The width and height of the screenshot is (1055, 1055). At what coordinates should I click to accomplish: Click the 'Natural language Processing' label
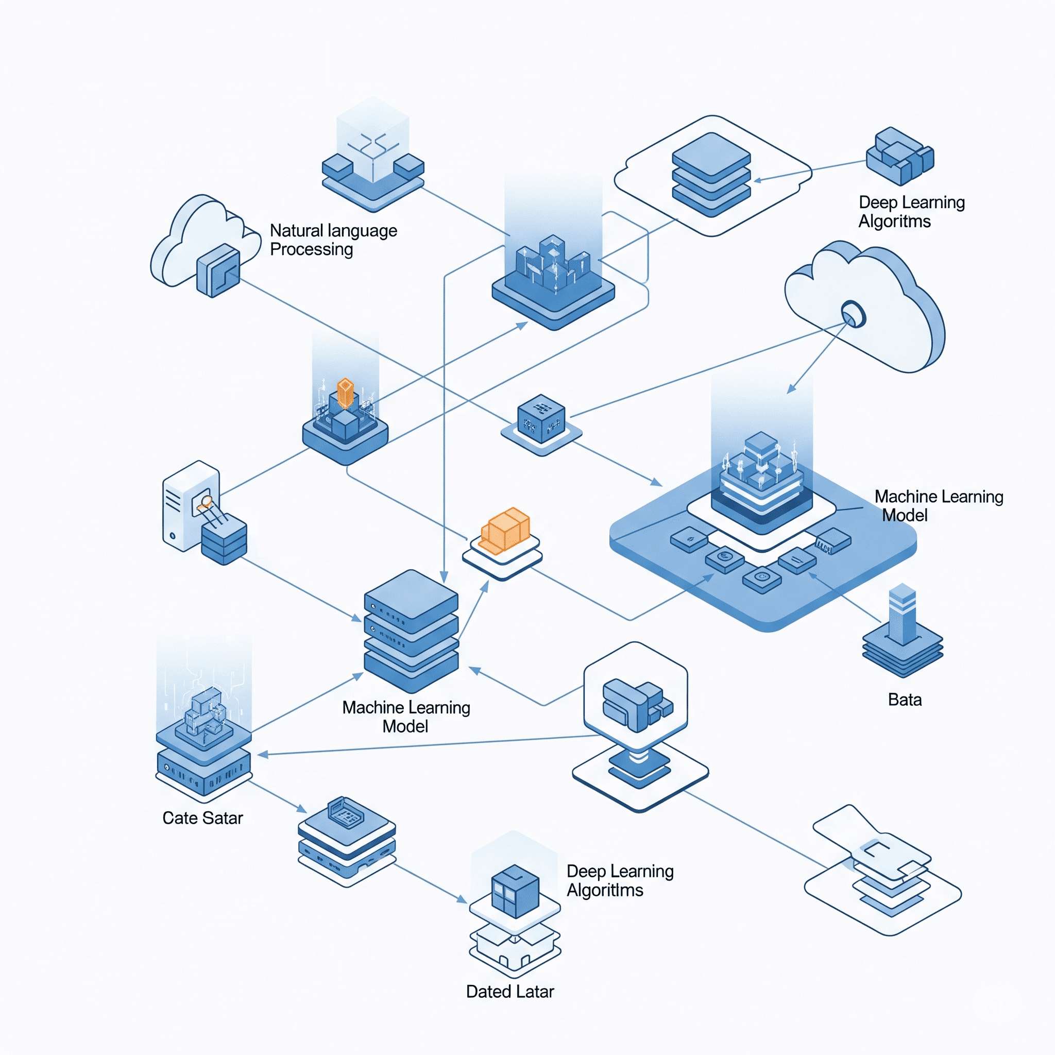point(333,240)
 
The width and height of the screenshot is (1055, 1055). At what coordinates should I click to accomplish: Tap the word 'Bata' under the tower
point(904,700)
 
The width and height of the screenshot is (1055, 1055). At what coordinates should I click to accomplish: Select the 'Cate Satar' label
point(202,818)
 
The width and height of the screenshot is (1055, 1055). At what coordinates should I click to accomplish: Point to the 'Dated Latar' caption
point(509,992)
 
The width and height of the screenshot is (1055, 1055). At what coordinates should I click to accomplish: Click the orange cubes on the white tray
point(506,530)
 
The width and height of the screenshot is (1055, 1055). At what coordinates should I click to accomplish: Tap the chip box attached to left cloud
point(218,270)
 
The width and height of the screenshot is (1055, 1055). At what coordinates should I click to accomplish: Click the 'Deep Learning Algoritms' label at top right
point(911,212)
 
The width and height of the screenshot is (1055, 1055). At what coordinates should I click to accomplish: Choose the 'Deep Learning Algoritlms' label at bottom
point(620,880)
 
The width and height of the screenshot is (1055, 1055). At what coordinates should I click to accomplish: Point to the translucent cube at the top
point(373,142)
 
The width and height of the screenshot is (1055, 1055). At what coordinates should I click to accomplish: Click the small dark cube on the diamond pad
point(540,419)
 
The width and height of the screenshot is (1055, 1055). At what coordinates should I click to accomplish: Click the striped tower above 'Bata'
point(902,615)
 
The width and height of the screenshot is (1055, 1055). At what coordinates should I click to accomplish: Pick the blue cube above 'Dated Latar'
point(515,892)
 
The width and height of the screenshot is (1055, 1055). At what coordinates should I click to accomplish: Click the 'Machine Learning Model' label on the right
point(938,506)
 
